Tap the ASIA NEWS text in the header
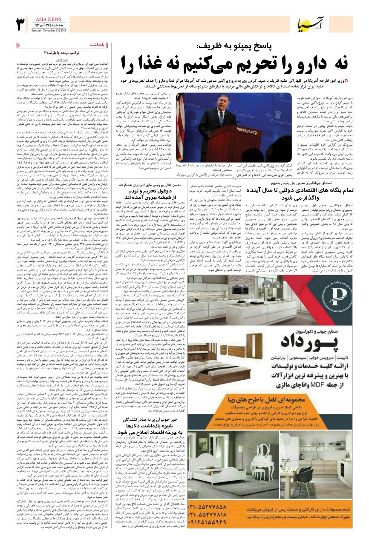tap(48, 19)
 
